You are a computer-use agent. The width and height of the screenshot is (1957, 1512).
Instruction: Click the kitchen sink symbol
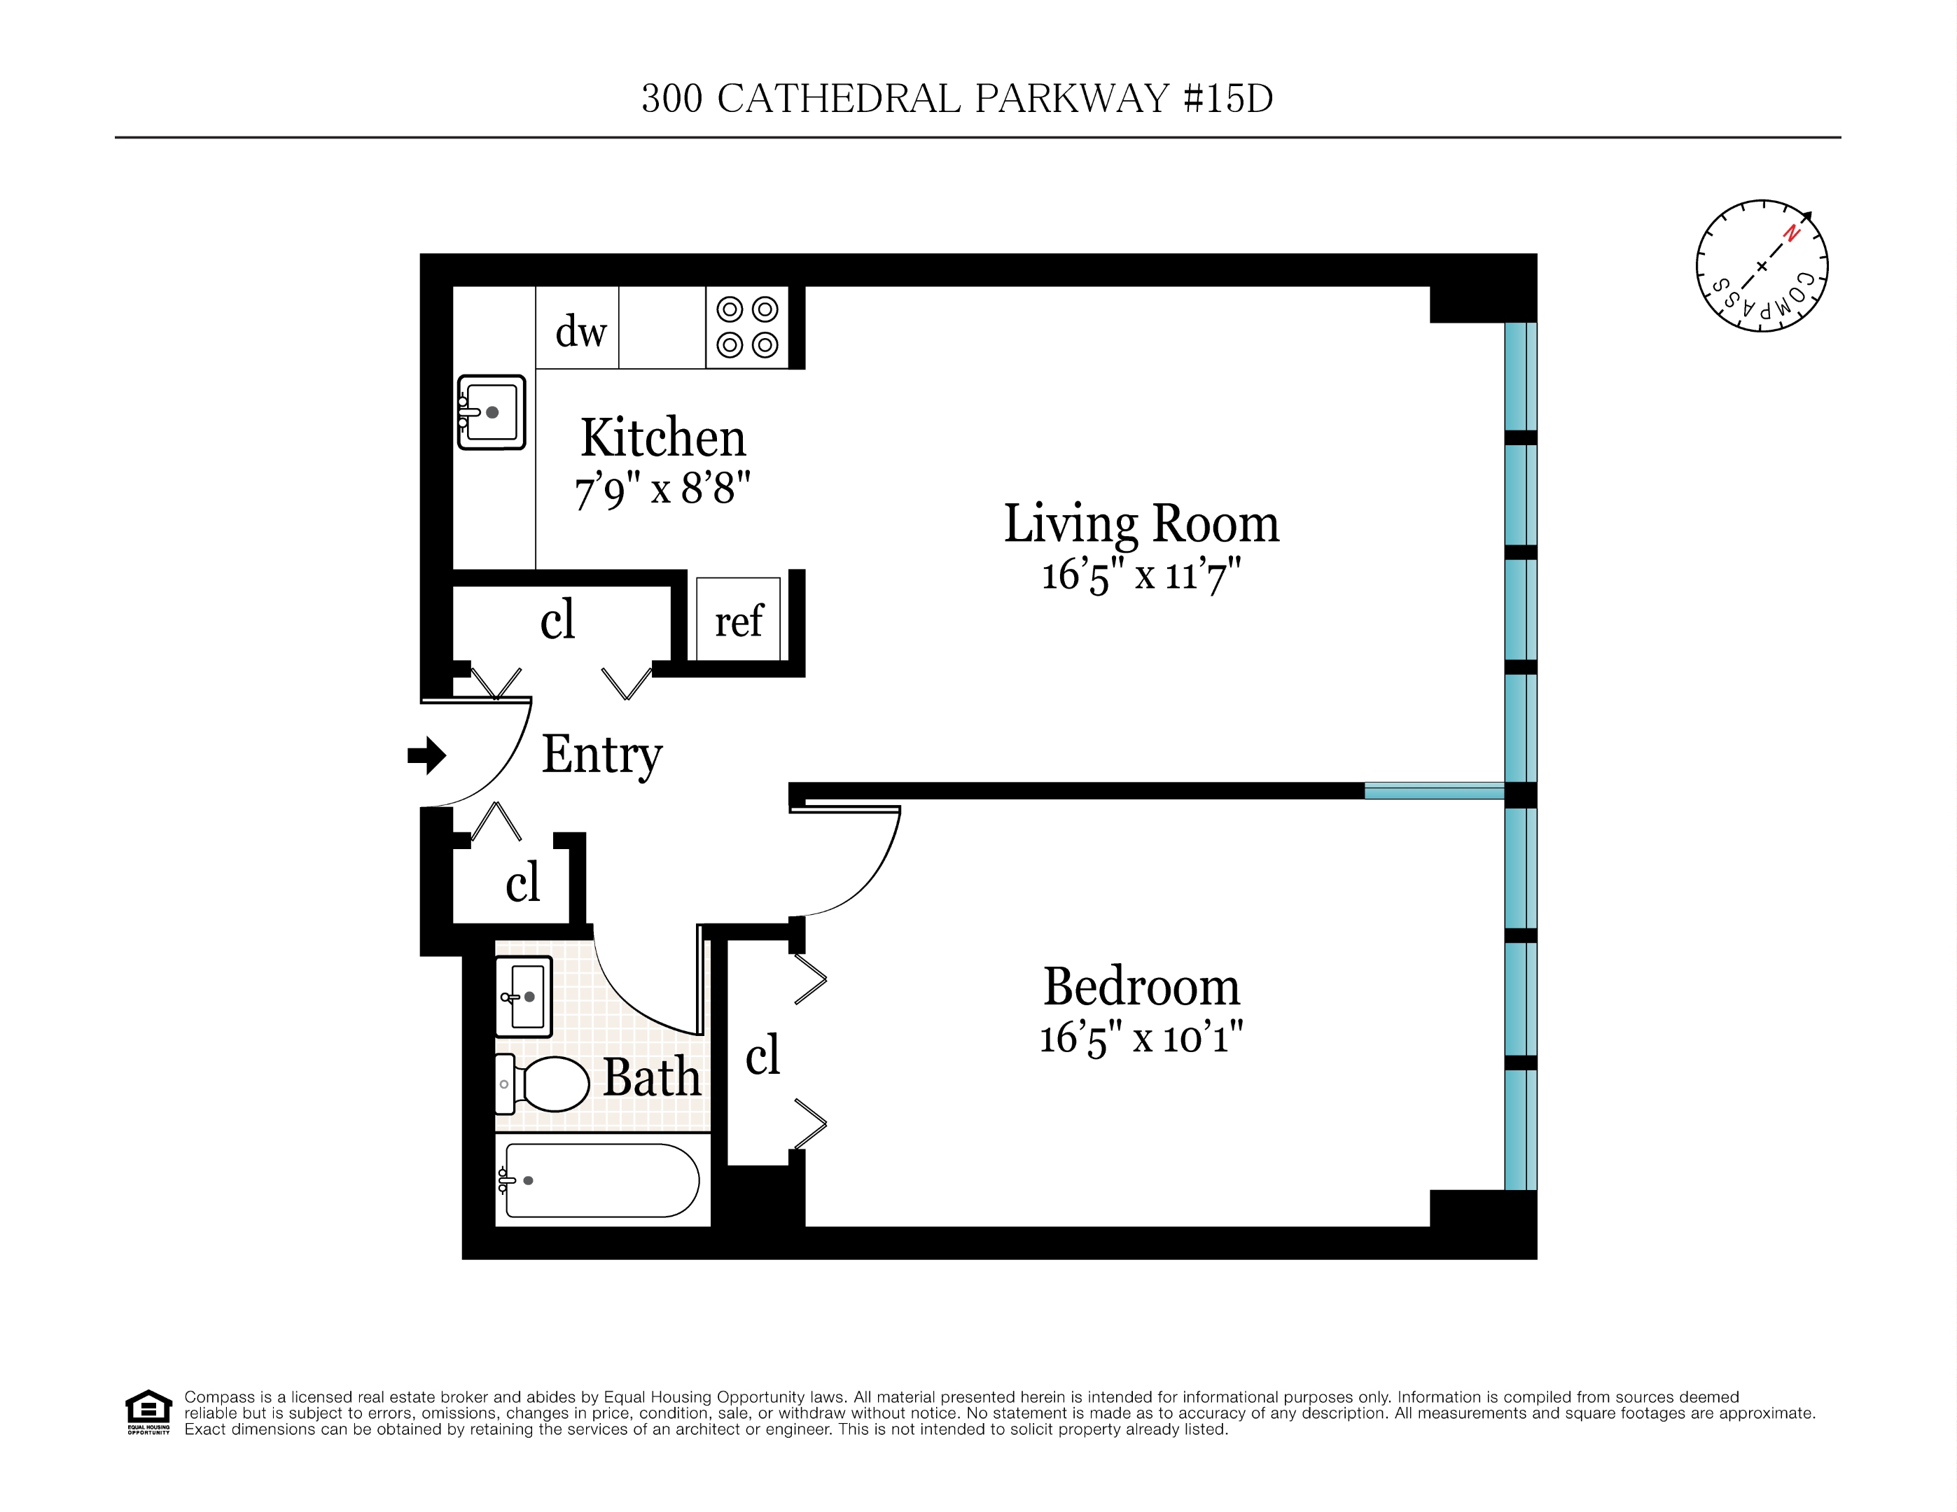tap(491, 412)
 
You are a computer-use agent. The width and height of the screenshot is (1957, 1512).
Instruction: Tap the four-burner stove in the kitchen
tap(746, 327)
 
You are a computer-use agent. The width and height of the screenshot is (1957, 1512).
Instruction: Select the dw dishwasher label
tap(580, 331)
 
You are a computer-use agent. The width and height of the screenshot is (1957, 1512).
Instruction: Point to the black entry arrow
tap(426, 755)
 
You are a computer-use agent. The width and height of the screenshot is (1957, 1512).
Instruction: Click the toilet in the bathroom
tap(545, 1084)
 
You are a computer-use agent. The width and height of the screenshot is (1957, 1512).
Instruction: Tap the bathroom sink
tap(523, 996)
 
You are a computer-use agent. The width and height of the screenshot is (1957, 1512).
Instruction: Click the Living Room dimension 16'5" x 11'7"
tap(1140, 574)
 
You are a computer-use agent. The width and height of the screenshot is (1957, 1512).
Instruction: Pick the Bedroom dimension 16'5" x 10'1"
tap(1140, 1038)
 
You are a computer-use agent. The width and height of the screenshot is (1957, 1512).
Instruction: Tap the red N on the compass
tap(1790, 233)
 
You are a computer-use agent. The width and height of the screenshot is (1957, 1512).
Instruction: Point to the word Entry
tap(601, 754)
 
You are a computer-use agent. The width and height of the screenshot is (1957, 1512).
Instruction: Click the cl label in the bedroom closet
tap(762, 1054)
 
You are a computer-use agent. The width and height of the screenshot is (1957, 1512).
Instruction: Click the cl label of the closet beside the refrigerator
tap(557, 619)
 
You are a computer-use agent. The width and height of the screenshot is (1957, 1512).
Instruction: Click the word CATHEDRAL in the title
tap(839, 99)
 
